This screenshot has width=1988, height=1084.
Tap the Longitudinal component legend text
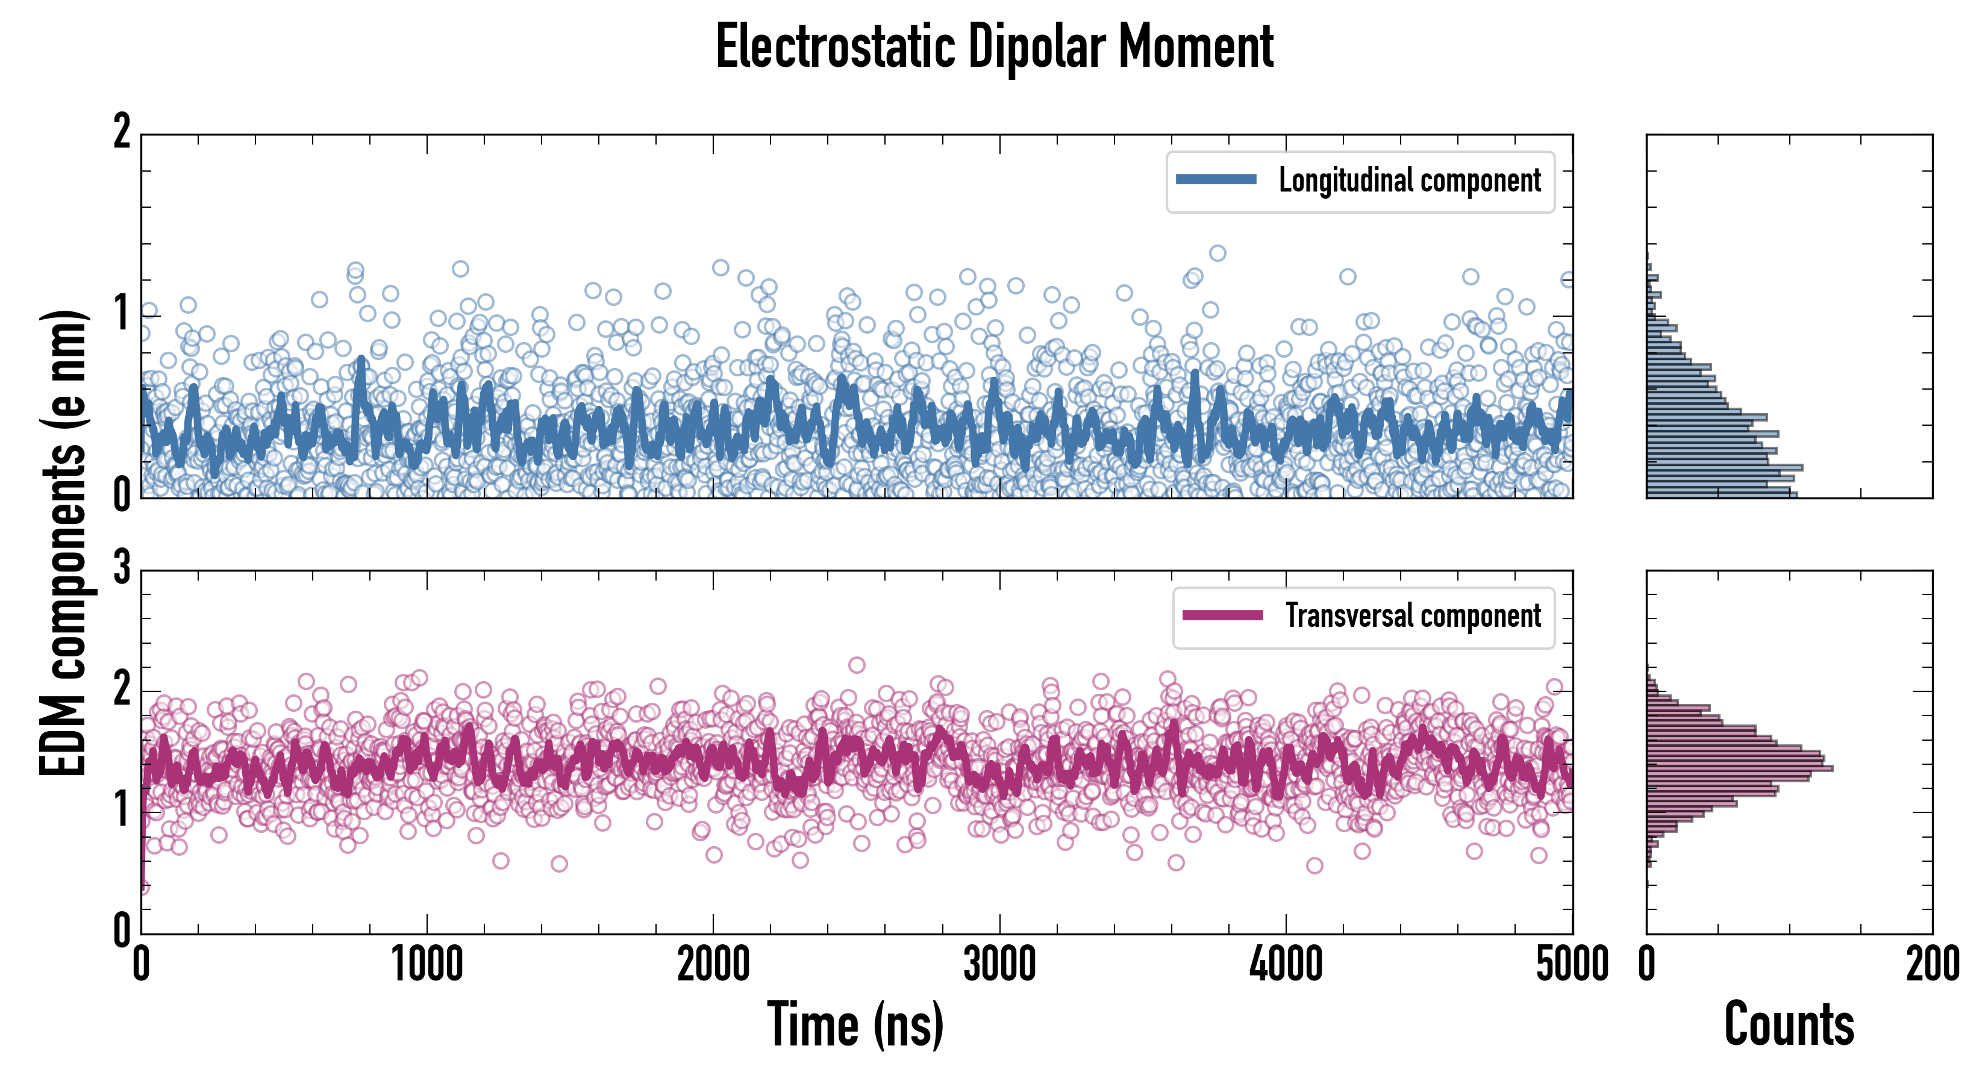1409,181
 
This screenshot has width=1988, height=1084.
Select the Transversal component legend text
1412,615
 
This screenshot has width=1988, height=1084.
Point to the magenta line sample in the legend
1222,615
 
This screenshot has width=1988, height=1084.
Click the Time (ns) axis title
855,1024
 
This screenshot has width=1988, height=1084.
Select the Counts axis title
1789,1024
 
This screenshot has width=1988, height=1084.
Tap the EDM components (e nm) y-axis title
63,543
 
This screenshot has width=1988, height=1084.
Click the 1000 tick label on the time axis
427,964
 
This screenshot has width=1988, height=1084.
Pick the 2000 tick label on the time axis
713,964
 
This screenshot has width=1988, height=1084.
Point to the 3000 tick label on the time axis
999,964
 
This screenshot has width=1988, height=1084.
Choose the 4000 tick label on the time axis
1286,964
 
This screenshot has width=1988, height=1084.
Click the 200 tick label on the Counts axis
1933,964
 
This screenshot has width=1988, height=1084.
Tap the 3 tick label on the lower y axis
122,569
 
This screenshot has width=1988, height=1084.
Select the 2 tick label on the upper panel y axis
122,132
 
